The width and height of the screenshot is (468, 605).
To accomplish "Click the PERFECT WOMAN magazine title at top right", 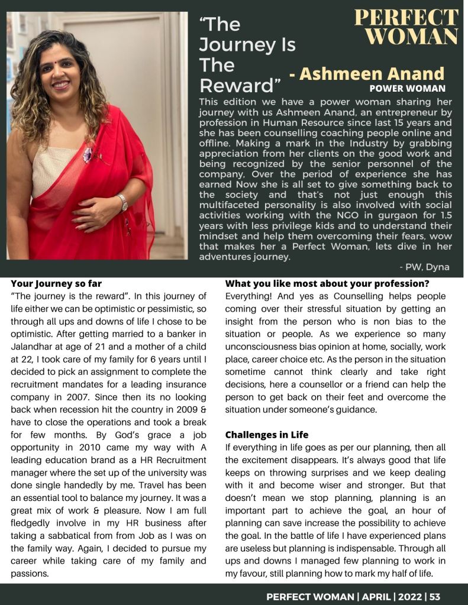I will click(406, 27).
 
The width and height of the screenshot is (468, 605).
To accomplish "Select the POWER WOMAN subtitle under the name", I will click(407, 89).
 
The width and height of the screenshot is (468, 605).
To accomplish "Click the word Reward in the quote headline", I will click(235, 86).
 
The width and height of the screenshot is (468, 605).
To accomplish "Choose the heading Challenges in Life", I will click(267, 435).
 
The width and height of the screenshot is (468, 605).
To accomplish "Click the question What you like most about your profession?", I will click(327, 283).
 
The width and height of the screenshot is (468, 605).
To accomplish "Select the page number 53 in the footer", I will click(435, 596).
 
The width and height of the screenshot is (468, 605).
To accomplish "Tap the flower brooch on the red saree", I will click(88, 155).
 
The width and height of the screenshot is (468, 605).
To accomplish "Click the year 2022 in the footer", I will click(410, 596).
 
